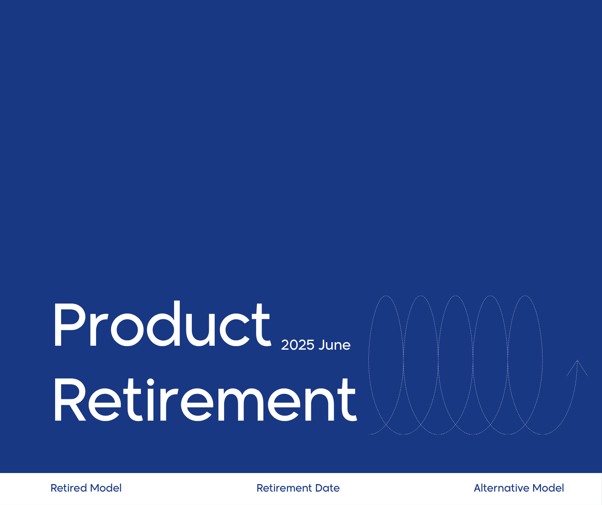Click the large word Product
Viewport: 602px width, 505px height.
point(162,325)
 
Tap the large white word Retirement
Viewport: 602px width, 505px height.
point(205,400)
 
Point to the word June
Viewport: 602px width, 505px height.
point(334,345)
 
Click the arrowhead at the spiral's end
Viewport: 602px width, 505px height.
point(577,367)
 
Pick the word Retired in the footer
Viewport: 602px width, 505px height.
point(69,488)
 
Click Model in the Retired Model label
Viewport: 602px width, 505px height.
point(106,488)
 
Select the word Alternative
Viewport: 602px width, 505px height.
point(501,488)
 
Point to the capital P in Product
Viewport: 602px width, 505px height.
point(67,325)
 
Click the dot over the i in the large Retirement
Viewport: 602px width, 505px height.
point(150,382)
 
